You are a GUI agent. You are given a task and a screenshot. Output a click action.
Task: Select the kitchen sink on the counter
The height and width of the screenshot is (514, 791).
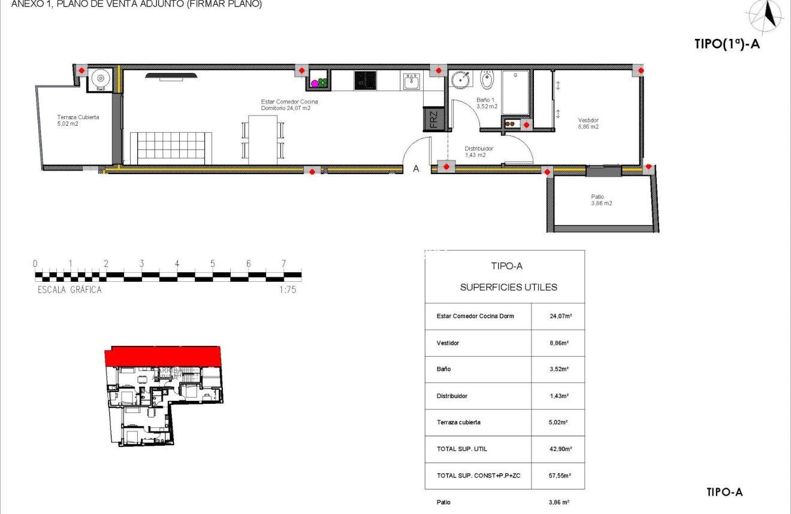tap(412, 81)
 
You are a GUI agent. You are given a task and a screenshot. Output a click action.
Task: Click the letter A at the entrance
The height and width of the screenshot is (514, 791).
tap(416, 169)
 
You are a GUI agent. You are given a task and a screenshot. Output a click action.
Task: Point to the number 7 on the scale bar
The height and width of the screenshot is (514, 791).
tap(283, 264)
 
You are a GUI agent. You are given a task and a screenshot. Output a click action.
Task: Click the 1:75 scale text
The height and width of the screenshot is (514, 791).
tap(288, 290)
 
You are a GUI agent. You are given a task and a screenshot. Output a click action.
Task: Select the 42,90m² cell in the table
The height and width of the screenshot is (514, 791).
tap(558, 449)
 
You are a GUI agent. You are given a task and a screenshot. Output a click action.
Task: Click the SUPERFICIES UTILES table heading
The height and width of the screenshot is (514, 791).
tap(508, 287)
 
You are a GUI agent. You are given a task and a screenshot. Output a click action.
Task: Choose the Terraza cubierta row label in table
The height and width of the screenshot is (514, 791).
tap(458, 422)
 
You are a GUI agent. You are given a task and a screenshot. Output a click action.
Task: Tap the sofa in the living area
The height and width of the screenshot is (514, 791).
tap(171, 148)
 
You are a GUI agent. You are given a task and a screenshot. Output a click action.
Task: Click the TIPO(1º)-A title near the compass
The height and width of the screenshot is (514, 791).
tap(727, 44)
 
